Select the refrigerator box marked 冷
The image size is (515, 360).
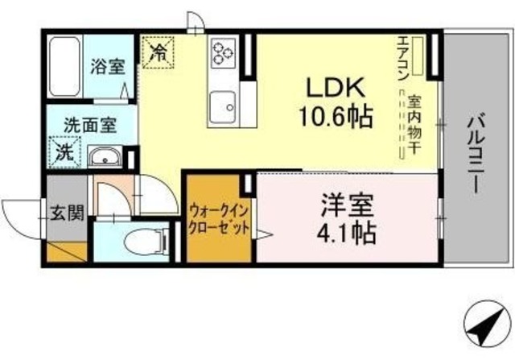tap(159, 54)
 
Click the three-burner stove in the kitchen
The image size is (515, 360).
tap(221, 54)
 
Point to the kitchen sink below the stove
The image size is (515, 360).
tap(221, 104)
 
